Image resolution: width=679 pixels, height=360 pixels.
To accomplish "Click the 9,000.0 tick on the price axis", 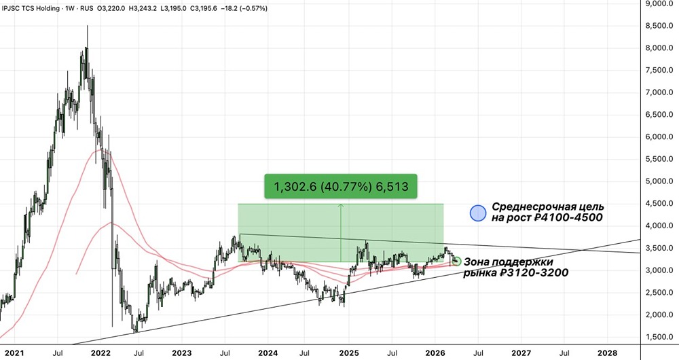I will tap(659, 3).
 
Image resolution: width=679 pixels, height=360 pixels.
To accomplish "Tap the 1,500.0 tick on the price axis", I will tap(659, 337).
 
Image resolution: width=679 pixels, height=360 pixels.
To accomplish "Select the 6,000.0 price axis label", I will tap(659, 137).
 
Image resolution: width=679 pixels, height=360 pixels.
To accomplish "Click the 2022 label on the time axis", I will tap(100, 353).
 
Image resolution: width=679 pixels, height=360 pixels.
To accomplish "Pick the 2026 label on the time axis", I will tap(435, 353).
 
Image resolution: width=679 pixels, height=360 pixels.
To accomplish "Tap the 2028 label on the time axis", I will tap(607, 353).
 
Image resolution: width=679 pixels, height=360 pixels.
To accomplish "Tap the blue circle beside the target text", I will tap(479, 213).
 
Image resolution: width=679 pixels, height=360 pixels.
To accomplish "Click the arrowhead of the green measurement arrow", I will tap(341, 206).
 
